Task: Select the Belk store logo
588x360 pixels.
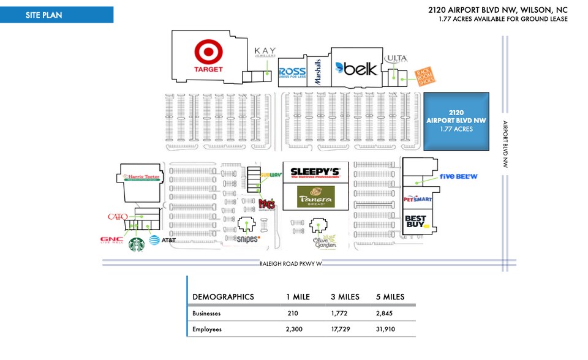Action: (356, 69)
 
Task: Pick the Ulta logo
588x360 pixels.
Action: (396, 59)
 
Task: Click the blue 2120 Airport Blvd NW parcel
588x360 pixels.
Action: (458, 121)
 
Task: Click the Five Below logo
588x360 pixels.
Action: (458, 176)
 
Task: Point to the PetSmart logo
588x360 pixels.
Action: (418, 199)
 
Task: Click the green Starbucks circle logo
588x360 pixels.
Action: (137, 244)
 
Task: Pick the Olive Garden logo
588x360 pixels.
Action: (325, 242)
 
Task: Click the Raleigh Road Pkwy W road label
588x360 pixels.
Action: (290, 263)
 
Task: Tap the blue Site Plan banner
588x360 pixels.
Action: (56, 15)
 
